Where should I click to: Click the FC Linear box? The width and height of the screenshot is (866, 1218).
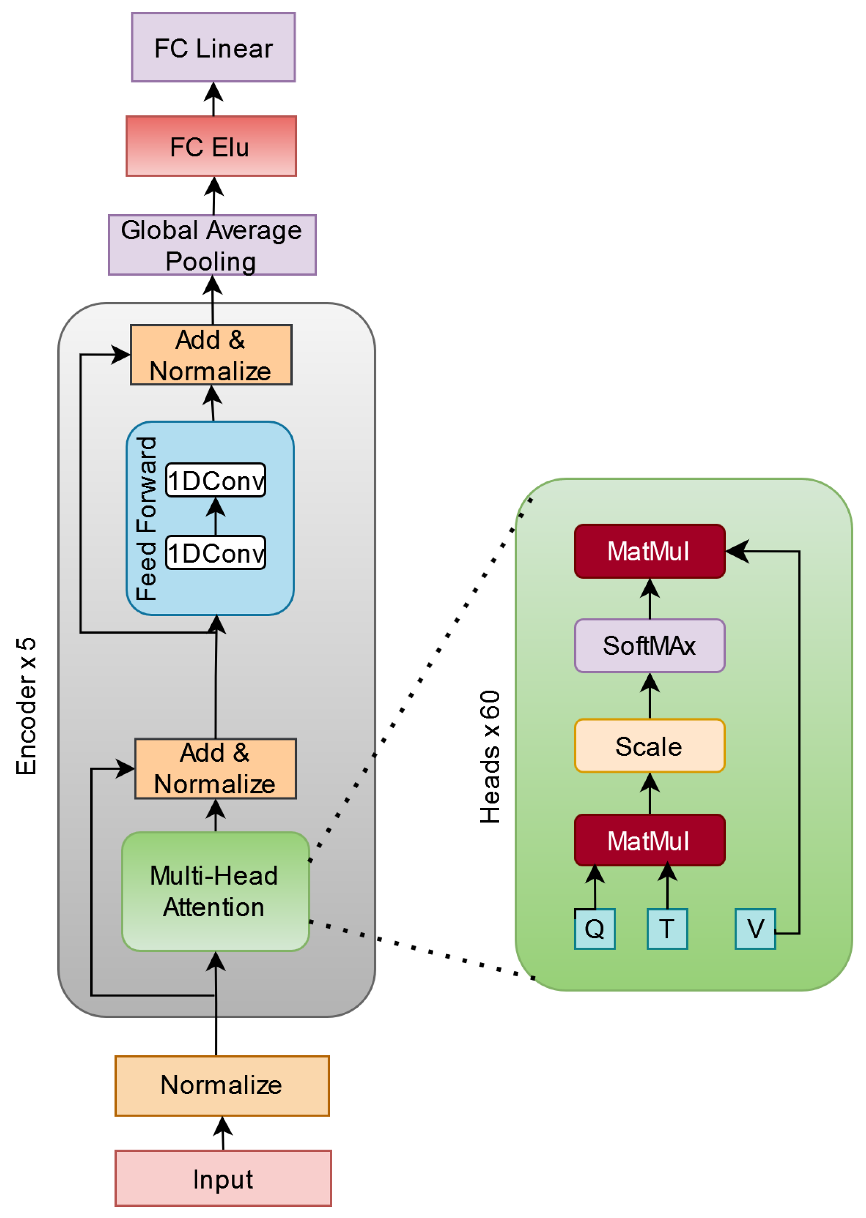coord(213,47)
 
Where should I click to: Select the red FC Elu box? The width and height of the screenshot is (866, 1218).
coord(211,146)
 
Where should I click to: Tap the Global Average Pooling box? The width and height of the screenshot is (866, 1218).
coord(212,245)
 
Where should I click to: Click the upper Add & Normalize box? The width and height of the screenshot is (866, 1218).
coord(211,355)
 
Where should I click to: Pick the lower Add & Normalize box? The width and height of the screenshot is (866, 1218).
coord(216,769)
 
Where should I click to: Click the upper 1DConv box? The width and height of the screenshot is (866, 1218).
coord(216,480)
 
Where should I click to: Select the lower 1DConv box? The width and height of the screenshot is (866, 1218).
coord(216,553)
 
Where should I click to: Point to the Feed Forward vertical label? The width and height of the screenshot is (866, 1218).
coord(146,519)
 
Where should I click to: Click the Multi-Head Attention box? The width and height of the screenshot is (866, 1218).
coord(216,892)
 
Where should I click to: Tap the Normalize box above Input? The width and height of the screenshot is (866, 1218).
coord(222,1085)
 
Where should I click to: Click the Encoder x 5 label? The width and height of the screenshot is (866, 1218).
coord(26,706)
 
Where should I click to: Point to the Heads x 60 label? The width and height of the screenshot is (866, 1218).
coord(490,757)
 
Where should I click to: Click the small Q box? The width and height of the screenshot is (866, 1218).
coord(595,929)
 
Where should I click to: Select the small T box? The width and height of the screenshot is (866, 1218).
coord(667,929)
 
